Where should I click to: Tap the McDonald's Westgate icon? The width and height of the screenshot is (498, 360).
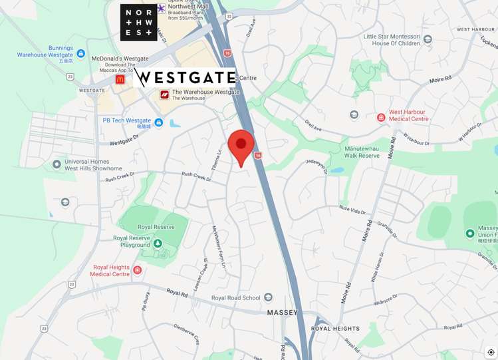pyautogui.click(x=120, y=79)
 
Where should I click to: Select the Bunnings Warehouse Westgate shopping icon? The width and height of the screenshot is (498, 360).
pyautogui.click(x=81, y=53)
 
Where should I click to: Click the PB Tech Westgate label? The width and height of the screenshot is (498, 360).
pyautogui.click(x=127, y=120)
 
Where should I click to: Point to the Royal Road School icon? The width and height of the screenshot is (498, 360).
pyautogui.click(x=268, y=297)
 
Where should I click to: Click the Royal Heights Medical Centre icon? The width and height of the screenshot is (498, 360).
pyautogui.click(x=137, y=270)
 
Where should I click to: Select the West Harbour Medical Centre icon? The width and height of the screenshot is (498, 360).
pyautogui.click(x=381, y=118)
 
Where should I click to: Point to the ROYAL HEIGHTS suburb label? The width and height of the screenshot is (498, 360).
pyautogui.click(x=335, y=328)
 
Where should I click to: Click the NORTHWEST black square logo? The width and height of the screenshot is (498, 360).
pyautogui.click(x=138, y=22)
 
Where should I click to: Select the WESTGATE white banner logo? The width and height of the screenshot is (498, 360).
pyautogui.click(x=184, y=78)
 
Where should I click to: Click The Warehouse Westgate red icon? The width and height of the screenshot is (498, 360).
pyautogui.click(x=164, y=94)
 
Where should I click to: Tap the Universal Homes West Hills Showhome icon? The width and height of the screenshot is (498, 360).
pyautogui.click(x=57, y=164)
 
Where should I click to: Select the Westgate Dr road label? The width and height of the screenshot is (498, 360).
pyautogui.click(x=123, y=142)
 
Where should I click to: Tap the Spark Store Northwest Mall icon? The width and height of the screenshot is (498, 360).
pyautogui.click(x=162, y=8)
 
